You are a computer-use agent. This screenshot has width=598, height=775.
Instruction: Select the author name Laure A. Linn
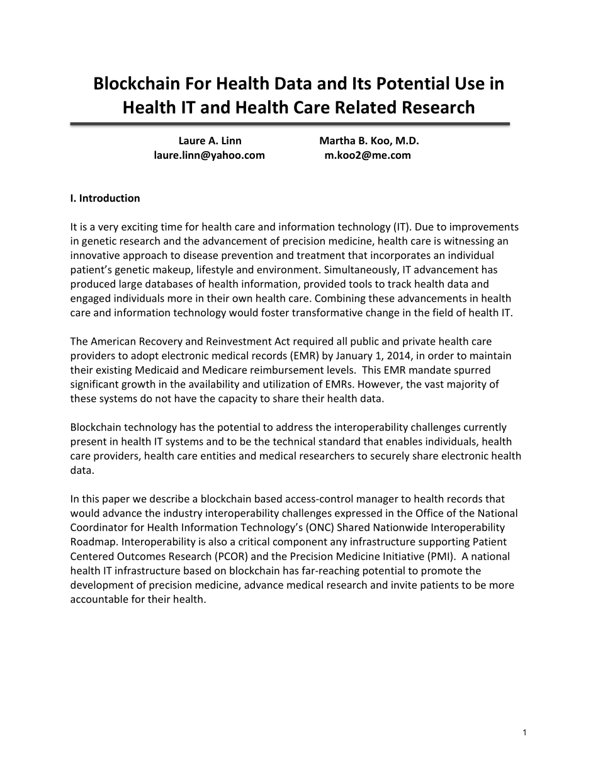click(x=210, y=141)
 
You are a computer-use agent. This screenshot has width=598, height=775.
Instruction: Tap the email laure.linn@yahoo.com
click(x=210, y=155)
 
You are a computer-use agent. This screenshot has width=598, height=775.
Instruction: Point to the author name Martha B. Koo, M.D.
click(x=369, y=141)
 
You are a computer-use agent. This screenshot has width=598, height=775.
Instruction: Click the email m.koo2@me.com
click(x=368, y=155)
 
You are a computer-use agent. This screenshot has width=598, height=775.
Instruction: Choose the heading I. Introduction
click(x=105, y=198)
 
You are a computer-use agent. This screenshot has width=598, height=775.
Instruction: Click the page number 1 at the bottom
click(x=524, y=732)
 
